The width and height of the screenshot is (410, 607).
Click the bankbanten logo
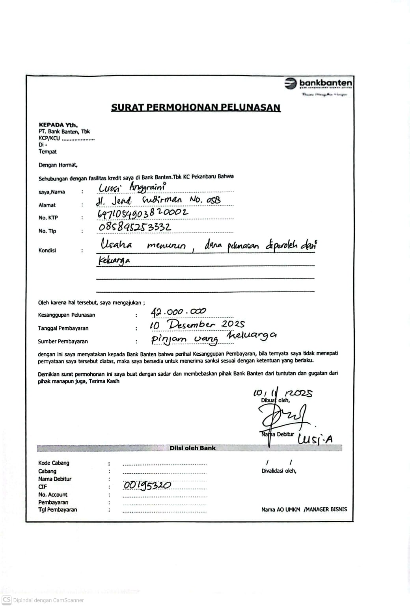pyautogui.click(x=318, y=84)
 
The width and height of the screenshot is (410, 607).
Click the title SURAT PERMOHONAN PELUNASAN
pyautogui.click(x=196, y=108)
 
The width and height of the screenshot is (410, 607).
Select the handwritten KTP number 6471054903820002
pyautogui.click(x=142, y=213)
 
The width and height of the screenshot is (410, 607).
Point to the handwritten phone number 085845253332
pyautogui.click(x=134, y=227)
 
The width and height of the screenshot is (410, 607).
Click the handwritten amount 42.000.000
pyautogui.click(x=178, y=312)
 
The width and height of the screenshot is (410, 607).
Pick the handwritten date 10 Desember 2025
pyautogui.click(x=197, y=325)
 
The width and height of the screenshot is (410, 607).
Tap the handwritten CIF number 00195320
pyautogui.click(x=147, y=486)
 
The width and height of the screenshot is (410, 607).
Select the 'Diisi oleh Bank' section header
pyautogui.click(x=192, y=448)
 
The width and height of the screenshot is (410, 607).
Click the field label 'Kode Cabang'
pyautogui.click(x=54, y=463)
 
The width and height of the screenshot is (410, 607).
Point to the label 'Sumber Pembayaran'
pyautogui.click(x=63, y=342)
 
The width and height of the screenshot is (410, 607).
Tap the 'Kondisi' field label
pyautogui.click(x=47, y=251)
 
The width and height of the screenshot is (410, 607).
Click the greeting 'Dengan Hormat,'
pyautogui.click(x=58, y=165)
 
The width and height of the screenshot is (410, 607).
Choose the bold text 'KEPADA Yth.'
pyautogui.click(x=58, y=125)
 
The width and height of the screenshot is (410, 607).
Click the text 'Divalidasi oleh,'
pyautogui.click(x=279, y=471)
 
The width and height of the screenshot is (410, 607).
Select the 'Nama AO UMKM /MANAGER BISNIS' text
pyautogui.click(x=304, y=510)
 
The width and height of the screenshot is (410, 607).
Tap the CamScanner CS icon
pyautogui.click(x=6, y=600)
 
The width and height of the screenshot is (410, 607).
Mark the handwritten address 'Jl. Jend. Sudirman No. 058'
pyautogui.click(x=158, y=201)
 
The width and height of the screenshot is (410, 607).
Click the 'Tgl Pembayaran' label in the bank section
pyautogui.click(x=58, y=510)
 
